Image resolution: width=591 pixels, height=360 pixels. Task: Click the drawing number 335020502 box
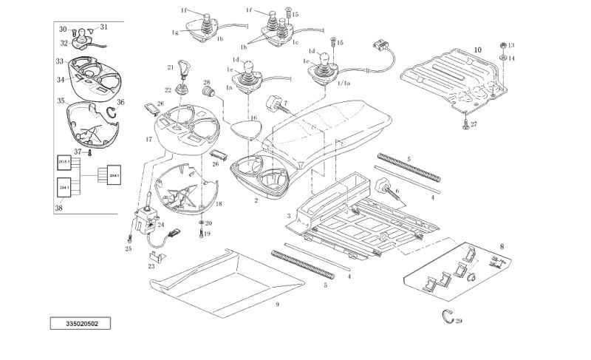coord(81,324)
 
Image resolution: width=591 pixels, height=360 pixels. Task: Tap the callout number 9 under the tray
coord(278,304)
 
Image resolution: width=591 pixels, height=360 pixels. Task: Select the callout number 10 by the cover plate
coord(477,50)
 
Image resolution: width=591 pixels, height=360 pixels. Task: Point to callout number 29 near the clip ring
coord(459,320)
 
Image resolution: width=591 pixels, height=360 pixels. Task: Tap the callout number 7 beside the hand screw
coord(285,101)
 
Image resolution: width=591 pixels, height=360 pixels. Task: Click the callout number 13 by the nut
coord(511,45)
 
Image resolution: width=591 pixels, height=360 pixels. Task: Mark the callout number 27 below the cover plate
coord(474,124)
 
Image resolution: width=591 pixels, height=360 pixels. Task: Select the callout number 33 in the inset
coord(59,61)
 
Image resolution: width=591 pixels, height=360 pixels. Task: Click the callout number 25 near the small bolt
coord(128,249)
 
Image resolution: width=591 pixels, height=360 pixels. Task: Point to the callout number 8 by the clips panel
coord(502,245)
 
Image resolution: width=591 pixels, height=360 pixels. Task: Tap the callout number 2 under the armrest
coord(255,200)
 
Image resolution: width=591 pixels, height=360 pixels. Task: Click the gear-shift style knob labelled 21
coord(182,72)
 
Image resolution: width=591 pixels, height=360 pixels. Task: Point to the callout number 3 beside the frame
coord(287,217)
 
